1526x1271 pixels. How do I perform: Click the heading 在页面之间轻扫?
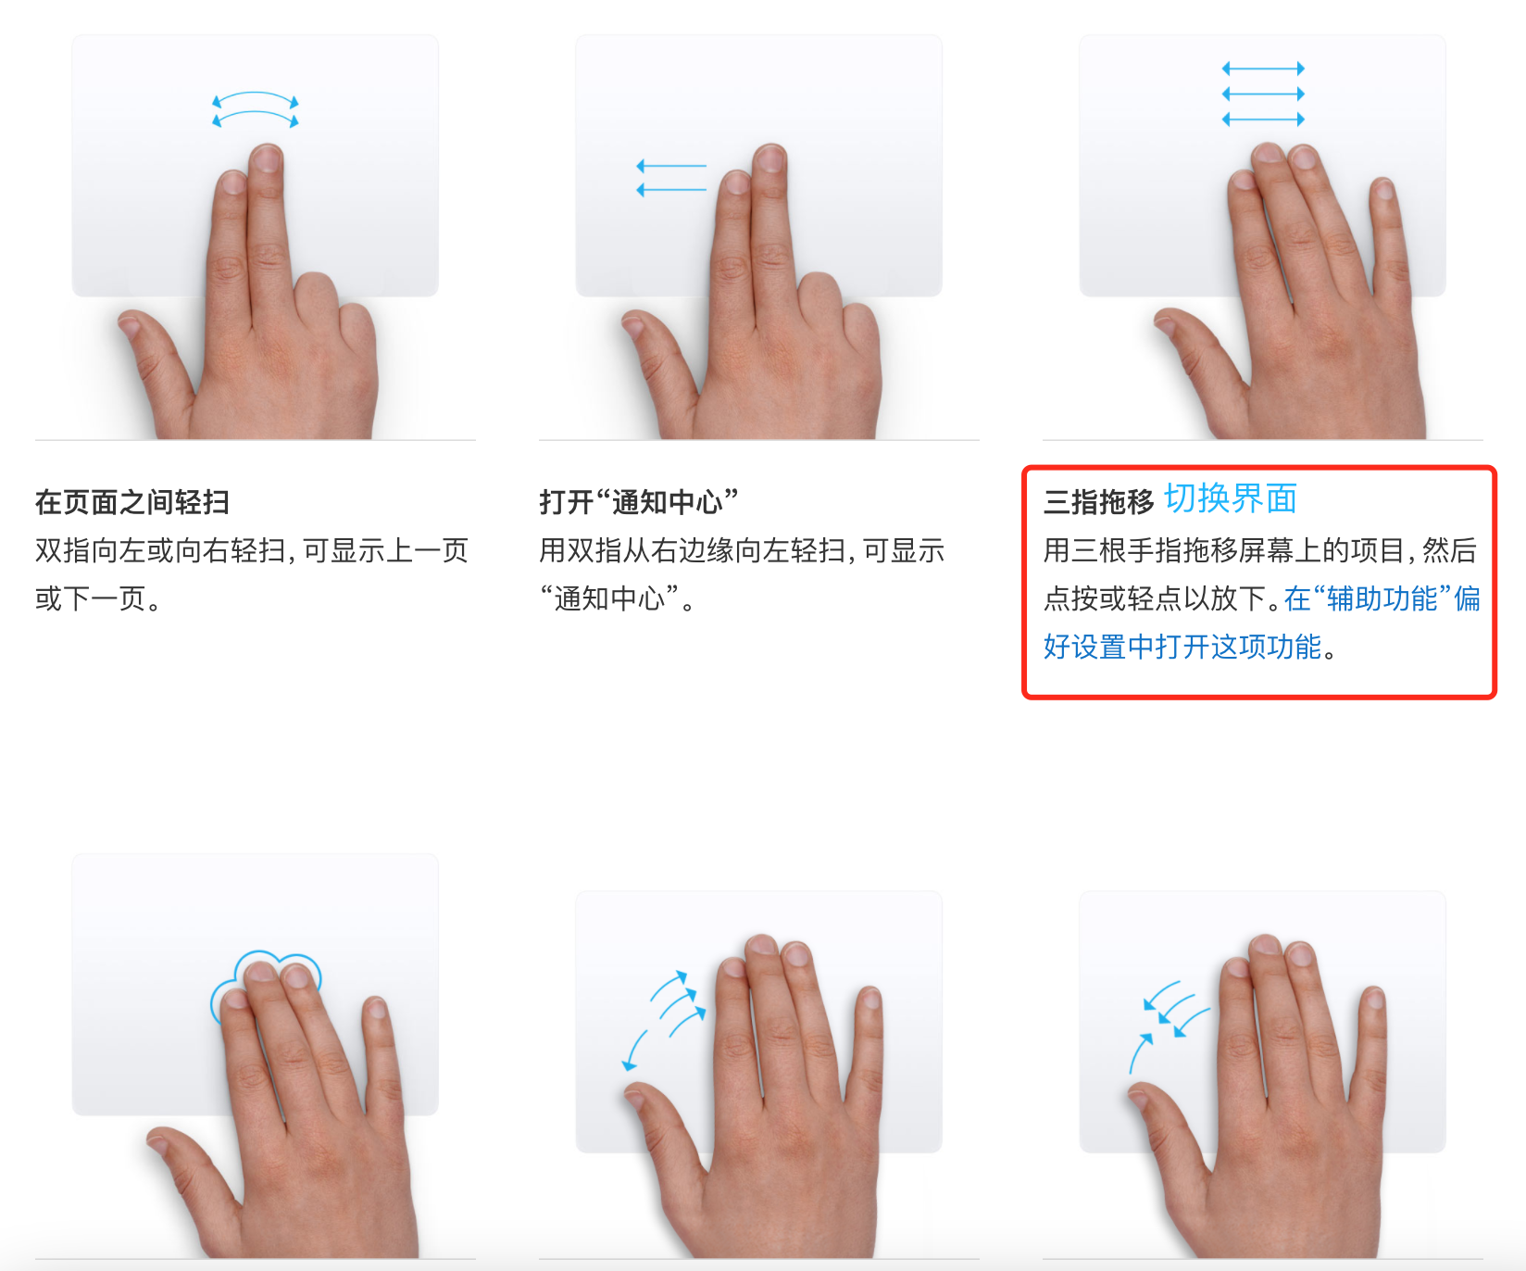pyautogui.click(x=132, y=502)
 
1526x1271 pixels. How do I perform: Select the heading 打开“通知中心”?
pyautogui.click(x=639, y=502)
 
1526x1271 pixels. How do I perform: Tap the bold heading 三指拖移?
pyautogui.click(x=1098, y=502)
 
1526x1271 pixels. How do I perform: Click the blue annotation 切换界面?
pyautogui.click(x=1231, y=498)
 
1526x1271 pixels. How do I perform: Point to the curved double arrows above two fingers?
pyautogui.click(x=256, y=110)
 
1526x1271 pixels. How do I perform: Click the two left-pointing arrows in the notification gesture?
pyautogui.click(x=671, y=178)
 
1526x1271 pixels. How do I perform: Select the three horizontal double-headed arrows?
pyautogui.click(x=1263, y=94)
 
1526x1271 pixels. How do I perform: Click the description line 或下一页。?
pyautogui.click(x=99, y=598)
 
